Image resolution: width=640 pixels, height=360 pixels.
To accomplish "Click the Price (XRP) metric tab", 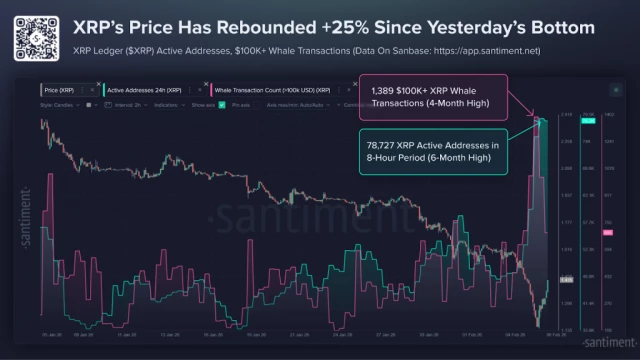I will coord(59,90).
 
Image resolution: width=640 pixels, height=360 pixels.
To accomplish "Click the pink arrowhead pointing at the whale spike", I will coord(539,119).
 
